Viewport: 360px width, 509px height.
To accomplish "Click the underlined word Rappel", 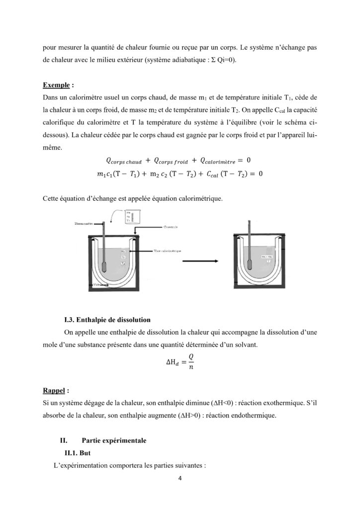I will (x=54, y=390).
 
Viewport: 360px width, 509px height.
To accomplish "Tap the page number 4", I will (x=180, y=480).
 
